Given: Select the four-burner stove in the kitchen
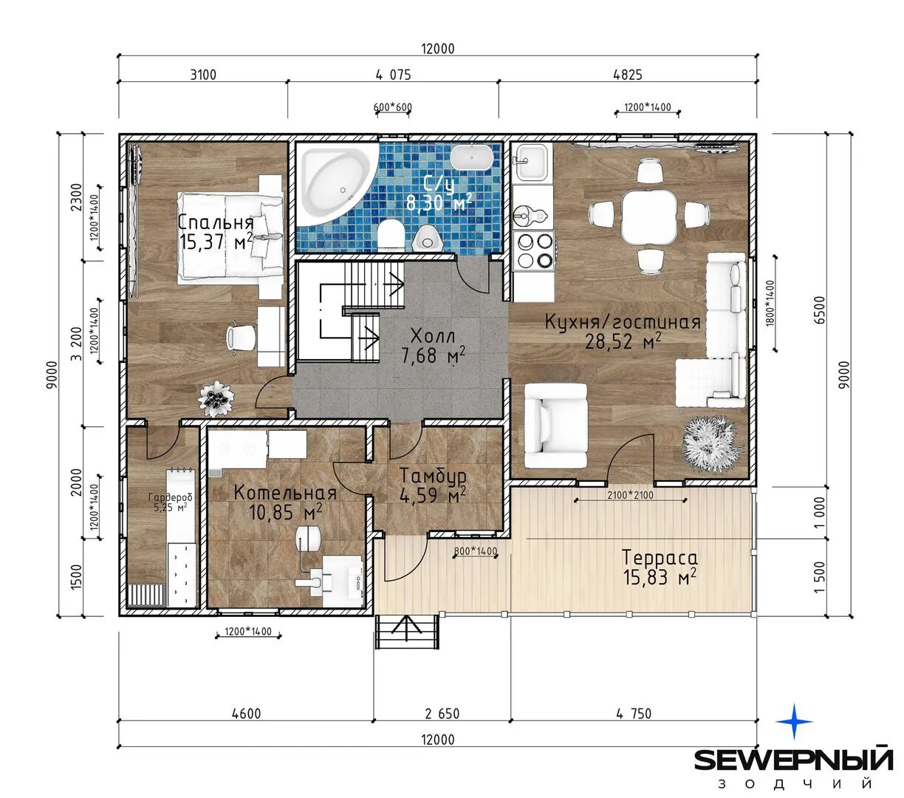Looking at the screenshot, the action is [x=534, y=250].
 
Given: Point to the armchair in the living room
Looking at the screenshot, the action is [x=555, y=425].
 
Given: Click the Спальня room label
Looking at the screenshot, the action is [x=216, y=222].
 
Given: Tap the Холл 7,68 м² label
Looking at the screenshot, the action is [x=433, y=346].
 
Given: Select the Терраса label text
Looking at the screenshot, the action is [x=660, y=558].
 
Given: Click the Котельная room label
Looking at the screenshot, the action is [x=284, y=493].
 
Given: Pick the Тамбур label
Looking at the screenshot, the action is [x=433, y=476].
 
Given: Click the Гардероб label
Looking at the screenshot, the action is [x=170, y=497].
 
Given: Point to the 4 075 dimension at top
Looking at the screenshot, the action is [x=393, y=75].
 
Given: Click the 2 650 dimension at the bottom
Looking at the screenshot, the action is [x=442, y=714].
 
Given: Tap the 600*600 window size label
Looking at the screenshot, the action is [x=393, y=107].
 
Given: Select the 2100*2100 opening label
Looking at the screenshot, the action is [x=630, y=495].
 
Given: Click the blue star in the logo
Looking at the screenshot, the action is [x=794, y=721].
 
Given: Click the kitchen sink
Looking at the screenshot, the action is [x=531, y=162].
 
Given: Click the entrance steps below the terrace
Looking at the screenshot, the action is [x=405, y=632].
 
